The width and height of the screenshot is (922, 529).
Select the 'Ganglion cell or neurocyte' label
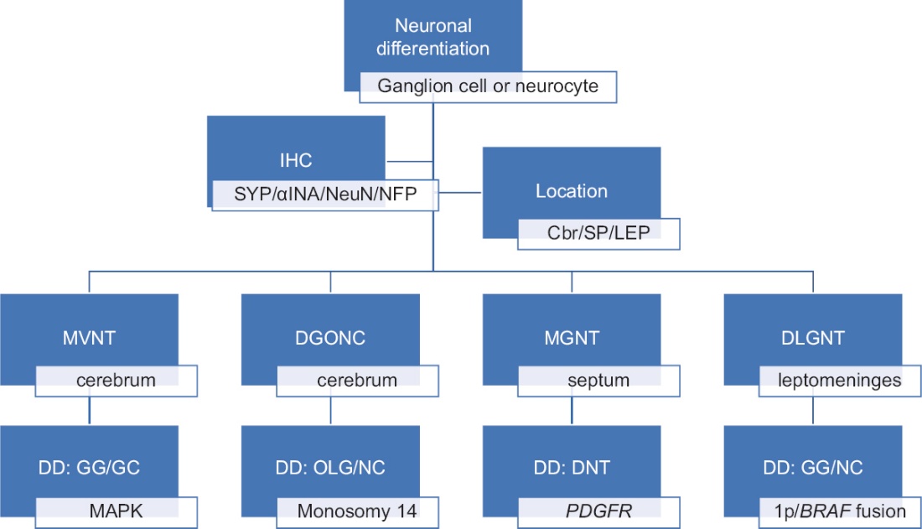tap(488, 86)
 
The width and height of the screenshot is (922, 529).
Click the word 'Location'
tap(571, 190)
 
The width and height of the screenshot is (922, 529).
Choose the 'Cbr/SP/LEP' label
tap(598, 233)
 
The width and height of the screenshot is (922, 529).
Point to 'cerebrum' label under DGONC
tap(356, 381)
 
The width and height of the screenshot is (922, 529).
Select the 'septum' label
tap(598, 381)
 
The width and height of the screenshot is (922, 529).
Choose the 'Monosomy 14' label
tap(357, 511)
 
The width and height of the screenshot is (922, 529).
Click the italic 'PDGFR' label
tap(598, 511)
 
